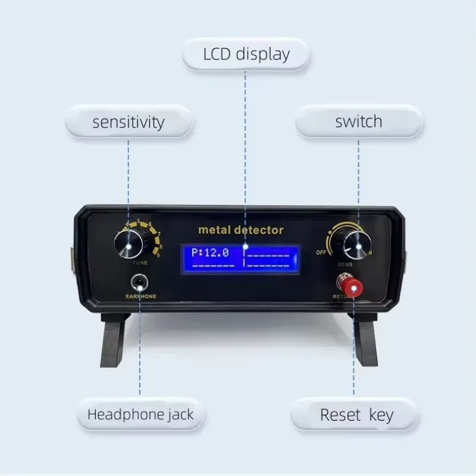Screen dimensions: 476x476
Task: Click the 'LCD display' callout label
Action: (245, 55)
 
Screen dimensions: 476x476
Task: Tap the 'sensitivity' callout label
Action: (128, 123)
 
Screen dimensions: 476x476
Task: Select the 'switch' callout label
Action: (358, 122)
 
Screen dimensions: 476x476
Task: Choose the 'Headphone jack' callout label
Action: (140, 414)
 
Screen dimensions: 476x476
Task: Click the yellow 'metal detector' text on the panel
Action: (240, 230)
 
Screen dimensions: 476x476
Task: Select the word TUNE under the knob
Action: (140, 262)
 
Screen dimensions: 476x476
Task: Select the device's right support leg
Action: (364, 342)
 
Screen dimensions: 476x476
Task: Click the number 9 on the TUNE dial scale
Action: (156, 254)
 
